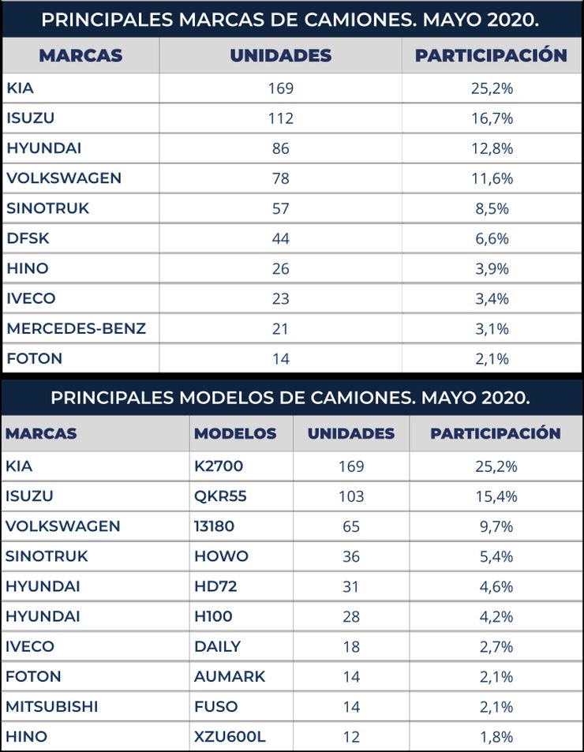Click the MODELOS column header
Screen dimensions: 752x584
tap(235, 433)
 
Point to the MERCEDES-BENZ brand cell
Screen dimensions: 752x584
tap(76, 328)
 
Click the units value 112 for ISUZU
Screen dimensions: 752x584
tap(280, 118)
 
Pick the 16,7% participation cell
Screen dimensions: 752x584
tap(492, 118)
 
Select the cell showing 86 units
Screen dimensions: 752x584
tap(280, 148)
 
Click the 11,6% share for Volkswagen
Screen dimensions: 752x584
tap(492, 178)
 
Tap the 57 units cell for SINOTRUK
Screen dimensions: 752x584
tap(280, 208)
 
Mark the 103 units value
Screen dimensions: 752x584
tap(351, 496)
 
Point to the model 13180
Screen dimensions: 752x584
tap(214, 526)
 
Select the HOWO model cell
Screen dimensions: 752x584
tap(221, 556)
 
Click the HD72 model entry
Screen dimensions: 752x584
tap(215, 586)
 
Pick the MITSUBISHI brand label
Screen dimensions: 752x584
tap(51, 706)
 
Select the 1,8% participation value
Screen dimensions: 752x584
tap(496, 736)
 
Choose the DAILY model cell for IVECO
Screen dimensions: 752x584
tap(217, 646)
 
